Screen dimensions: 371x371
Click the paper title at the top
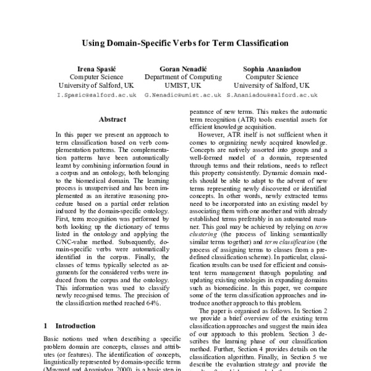click(185, 44)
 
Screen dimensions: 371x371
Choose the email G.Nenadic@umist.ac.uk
click(182, 96)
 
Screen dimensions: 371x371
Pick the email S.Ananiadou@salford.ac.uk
click(271, 96)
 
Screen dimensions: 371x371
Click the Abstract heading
click(112, 119)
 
